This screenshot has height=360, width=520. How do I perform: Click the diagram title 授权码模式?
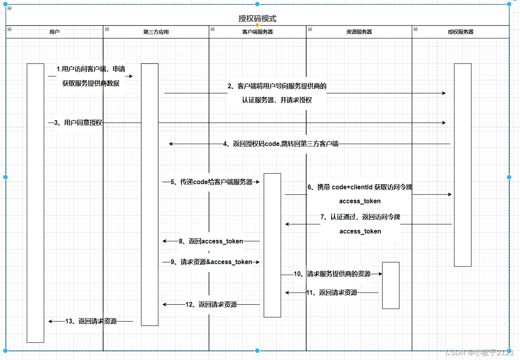[x=257, y=18]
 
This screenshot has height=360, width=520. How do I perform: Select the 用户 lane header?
[x=55, y=32]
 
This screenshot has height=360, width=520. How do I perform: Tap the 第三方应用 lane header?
[x=156, y=32]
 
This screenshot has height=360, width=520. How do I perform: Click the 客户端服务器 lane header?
[x=258, y=32]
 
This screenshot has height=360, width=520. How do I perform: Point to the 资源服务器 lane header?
[x=359, y=32]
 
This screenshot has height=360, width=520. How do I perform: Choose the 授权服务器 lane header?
[x=461, y=32]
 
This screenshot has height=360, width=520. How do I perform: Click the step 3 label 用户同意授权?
[x=78, y=123]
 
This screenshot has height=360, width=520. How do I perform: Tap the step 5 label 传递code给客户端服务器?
[x=211, y=182]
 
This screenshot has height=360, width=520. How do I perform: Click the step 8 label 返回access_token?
[x=211, y=241]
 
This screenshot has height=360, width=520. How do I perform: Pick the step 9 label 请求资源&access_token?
[x=211, y=262]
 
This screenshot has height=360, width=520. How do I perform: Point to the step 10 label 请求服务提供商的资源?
[x=332, y=274]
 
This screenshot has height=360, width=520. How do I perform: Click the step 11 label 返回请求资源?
[x=332, y=292]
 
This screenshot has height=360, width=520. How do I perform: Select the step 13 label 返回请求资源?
[x=91, y=321]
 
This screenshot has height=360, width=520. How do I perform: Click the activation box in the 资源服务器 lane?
[x=391, y=285]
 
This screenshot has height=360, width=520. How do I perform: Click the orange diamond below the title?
[x=257, y=25]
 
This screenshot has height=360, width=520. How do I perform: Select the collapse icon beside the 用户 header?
[x=9, y=29]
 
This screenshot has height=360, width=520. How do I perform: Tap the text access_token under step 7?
[x=360, y=231]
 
